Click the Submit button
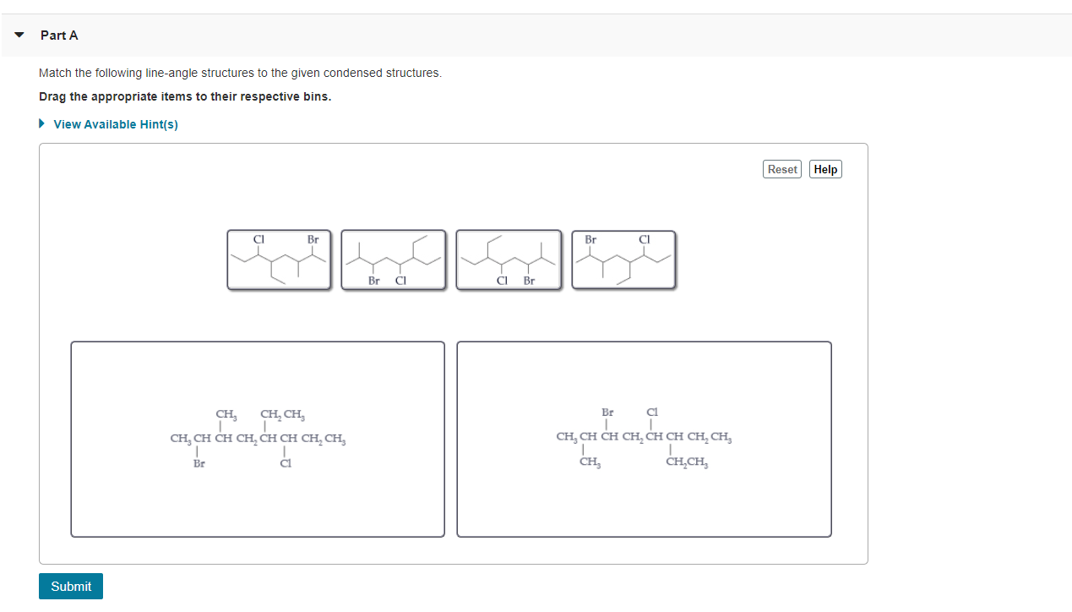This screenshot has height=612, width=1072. (71, 586)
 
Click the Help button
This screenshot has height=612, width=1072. (825, 169)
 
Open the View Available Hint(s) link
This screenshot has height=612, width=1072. (116, 124)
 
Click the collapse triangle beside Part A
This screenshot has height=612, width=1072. (19, 36)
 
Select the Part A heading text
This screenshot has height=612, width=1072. (59, 36)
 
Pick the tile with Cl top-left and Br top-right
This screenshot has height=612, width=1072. (280, 260)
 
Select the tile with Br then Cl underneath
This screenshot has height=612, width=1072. (394, 260)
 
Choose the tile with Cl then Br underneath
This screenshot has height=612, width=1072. (509, 260)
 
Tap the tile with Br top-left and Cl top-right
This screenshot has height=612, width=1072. (623, 260)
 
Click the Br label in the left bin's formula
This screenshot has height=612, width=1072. (199, 463)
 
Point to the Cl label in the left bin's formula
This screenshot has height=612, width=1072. (286, 463)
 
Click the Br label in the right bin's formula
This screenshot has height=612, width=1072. (607, 413)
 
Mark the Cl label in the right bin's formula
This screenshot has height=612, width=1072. (651, 413)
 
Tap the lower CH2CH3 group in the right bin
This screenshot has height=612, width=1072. (687, 462)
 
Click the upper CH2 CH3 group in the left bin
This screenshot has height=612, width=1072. (282, 414)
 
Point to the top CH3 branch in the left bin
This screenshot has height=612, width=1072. (226, 414)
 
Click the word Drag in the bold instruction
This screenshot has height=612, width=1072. (52, 96)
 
